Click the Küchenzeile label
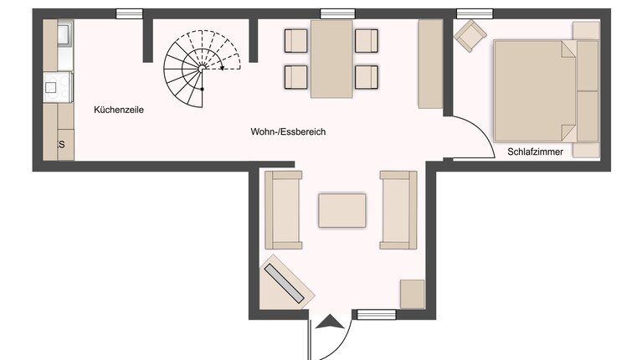click(x=113, y=110)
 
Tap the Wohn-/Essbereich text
click(x=287, y=132)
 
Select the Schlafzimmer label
click(x=535, y=152)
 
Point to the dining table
click(x=331, y=59)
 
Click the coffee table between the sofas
click(x=342, y=210)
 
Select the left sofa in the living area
click(x=283, y=209)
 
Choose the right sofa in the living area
click(x=398, y=209)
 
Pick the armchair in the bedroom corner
click(x=470, y=34)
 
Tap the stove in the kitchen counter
click(x=58, y=85)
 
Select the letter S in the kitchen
click(x=61, y=145)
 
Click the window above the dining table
click(x=337, y=13)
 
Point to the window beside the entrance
click(x=375, y=315)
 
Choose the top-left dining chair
click(x=297, y=40)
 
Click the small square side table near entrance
click(x=412, y=294)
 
